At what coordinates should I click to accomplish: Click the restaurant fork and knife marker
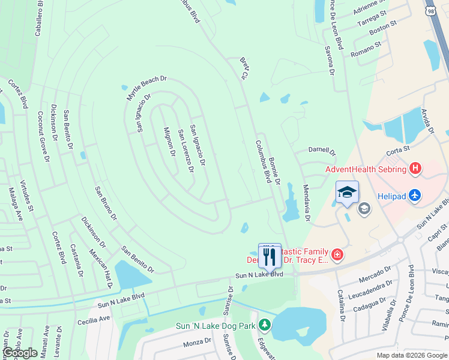[270, 256]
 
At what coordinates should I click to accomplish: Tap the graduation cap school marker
[347, 193]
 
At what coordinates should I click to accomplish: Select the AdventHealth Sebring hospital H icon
[415, 169]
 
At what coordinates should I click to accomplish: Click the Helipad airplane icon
[415, 195]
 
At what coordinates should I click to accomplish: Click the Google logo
[20, 353]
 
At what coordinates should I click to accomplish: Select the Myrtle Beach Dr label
[145, 88]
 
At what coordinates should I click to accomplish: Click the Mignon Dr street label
[169, 142]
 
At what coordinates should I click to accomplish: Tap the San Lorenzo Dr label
[185, 150]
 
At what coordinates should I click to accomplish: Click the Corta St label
[397, 148]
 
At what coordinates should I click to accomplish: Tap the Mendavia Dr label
[306, 202]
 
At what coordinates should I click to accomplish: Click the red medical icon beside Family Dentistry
[338, 256]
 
